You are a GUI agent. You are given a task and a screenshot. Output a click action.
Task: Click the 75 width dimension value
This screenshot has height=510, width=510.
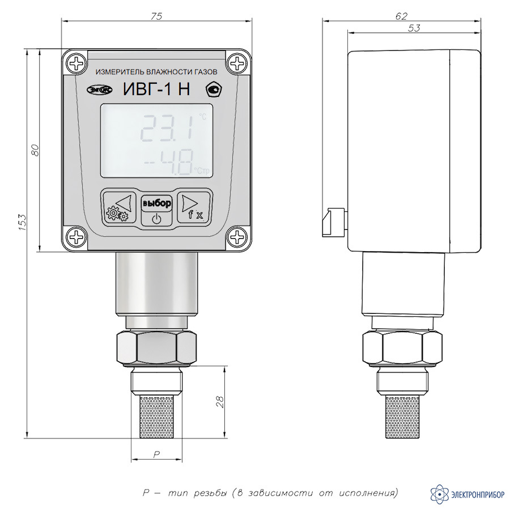click(x=156, y=16)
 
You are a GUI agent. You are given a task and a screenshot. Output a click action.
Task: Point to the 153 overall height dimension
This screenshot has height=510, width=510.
click(x=22, y=223)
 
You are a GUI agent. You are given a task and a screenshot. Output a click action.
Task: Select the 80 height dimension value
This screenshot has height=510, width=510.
click(x=35, y=150)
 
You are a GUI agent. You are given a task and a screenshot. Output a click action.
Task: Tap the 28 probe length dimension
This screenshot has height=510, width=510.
click(x=220, y=402)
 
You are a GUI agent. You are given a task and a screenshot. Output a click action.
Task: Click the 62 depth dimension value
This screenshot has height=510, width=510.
click(x=401, y=16)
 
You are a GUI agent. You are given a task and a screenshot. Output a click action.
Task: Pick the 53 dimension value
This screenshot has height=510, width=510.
click(x=414, y=28)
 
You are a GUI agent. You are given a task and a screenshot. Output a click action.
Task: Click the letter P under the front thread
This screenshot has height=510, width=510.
click(x=156, y=454)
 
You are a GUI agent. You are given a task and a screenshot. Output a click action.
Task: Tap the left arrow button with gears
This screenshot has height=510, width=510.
click(x=120, y=206)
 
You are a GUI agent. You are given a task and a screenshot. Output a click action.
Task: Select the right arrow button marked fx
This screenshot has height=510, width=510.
click(x=193, y=207)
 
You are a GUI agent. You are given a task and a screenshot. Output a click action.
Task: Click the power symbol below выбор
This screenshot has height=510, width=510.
click(x=156, y=219)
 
